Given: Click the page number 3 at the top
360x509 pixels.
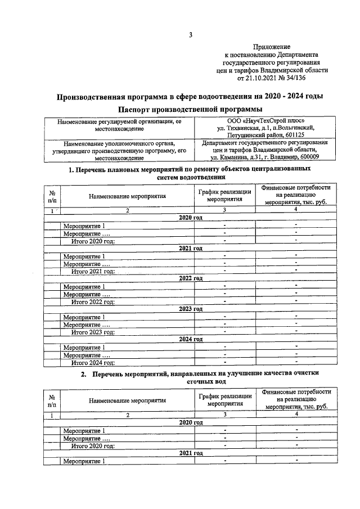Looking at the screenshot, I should pos(191,35).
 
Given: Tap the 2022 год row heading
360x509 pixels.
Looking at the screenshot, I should pos(191,278).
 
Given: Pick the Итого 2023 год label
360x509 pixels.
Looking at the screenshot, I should pos(93,332).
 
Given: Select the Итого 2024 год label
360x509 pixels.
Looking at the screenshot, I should pos(93,363).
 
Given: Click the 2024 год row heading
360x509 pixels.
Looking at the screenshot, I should pos(191,340).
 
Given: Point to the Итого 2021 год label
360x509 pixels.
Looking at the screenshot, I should pos(93,271).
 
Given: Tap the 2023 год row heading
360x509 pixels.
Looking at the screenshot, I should pos(191,309).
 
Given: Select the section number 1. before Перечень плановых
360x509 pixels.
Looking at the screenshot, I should pos(71,169).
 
